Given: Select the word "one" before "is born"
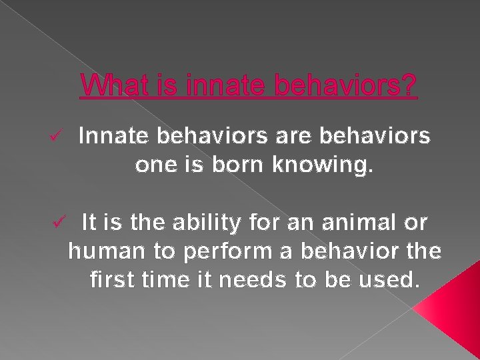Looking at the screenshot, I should tap(155, 165).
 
